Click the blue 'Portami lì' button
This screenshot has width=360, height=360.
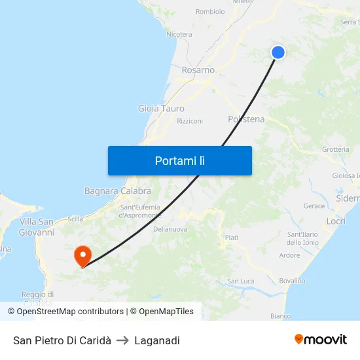[x=179, y=160]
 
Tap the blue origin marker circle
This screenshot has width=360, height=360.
[x=278, y=52]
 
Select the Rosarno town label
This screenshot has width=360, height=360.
[x=198, y=70]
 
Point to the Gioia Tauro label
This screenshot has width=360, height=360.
[x=161, y=109]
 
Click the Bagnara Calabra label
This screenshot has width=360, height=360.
[x=118, y=191]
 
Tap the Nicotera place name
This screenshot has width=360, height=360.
[x=179, y=34]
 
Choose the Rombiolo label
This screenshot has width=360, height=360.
[x=210, y=11]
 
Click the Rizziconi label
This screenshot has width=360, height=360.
[x=190, y=121]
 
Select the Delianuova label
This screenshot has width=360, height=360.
[x=170, y=229]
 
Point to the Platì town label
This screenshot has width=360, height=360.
[x=231, y=238]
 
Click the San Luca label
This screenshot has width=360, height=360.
[x=240, y=281]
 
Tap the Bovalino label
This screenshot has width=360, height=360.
[x=292, y=281]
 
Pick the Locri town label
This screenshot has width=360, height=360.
[x=336, y=222]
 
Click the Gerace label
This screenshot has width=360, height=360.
[x=314, y=206]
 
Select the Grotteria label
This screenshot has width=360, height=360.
[x=336, y=149]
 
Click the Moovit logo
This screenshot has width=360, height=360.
[x=321, y=340]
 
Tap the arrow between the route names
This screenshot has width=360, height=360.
[x=122, y=340]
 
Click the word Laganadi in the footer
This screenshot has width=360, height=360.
[x=157, y=340]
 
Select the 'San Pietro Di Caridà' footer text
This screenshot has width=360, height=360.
[x=62, y=340]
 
